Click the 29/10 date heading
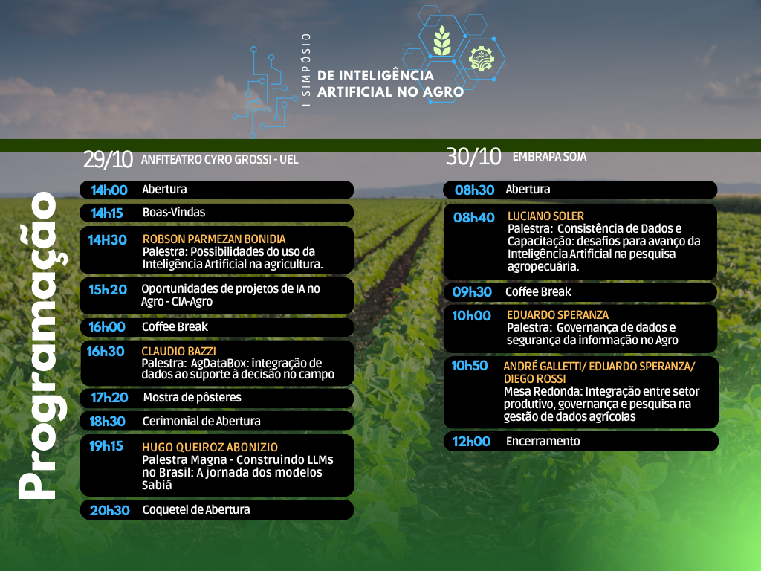108,159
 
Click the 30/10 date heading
473,156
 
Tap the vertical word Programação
42,345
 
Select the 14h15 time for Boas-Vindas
107,213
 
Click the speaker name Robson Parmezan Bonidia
214,239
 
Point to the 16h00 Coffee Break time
107,327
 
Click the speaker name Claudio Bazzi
178,351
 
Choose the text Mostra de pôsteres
192,398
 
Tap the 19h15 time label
106,446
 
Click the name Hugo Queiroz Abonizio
210,447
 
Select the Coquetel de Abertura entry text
196,509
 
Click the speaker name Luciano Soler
545,216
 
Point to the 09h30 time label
472,291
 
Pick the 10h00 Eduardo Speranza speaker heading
557,314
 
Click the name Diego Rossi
535,378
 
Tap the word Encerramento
543,441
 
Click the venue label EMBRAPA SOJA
549,156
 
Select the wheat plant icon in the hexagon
441,40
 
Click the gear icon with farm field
482,59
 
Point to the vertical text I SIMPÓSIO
305,71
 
